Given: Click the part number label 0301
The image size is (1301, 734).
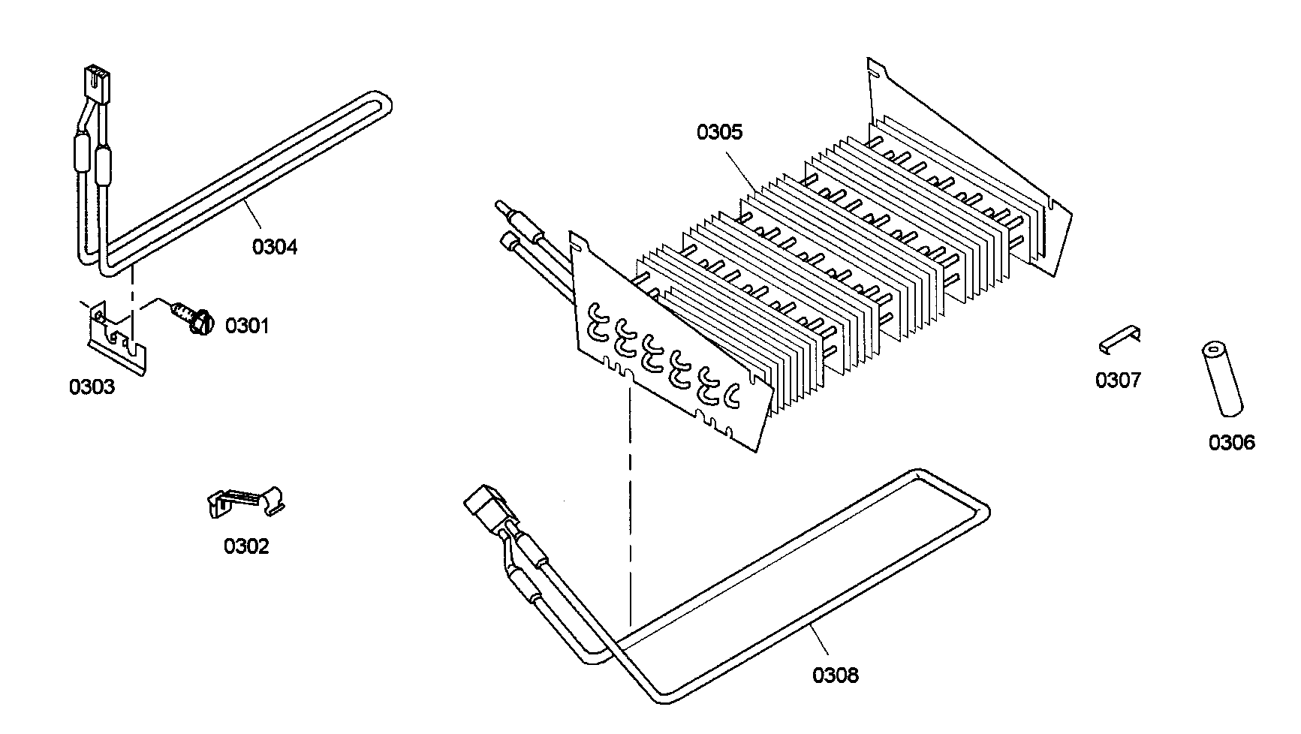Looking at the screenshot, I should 247,326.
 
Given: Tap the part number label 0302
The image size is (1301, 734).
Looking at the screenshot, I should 246,546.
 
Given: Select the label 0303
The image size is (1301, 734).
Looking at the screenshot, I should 92,387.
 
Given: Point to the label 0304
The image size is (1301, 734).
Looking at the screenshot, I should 275,246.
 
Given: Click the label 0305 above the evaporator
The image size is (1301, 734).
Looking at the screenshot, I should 719,132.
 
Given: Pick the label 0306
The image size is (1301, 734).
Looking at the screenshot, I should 1231,443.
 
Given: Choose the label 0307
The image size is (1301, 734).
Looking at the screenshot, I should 1118,381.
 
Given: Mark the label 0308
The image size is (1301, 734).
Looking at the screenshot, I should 836,675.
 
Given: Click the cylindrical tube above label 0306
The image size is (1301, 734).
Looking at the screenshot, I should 1221,380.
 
